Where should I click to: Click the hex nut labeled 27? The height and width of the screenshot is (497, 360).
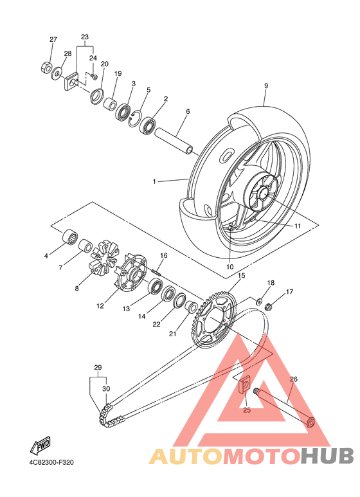click(x=46, y=67)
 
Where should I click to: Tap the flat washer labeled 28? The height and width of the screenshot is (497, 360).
click(x=57, y=74)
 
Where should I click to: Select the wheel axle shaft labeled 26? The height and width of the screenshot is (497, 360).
click(x=283, y=406)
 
